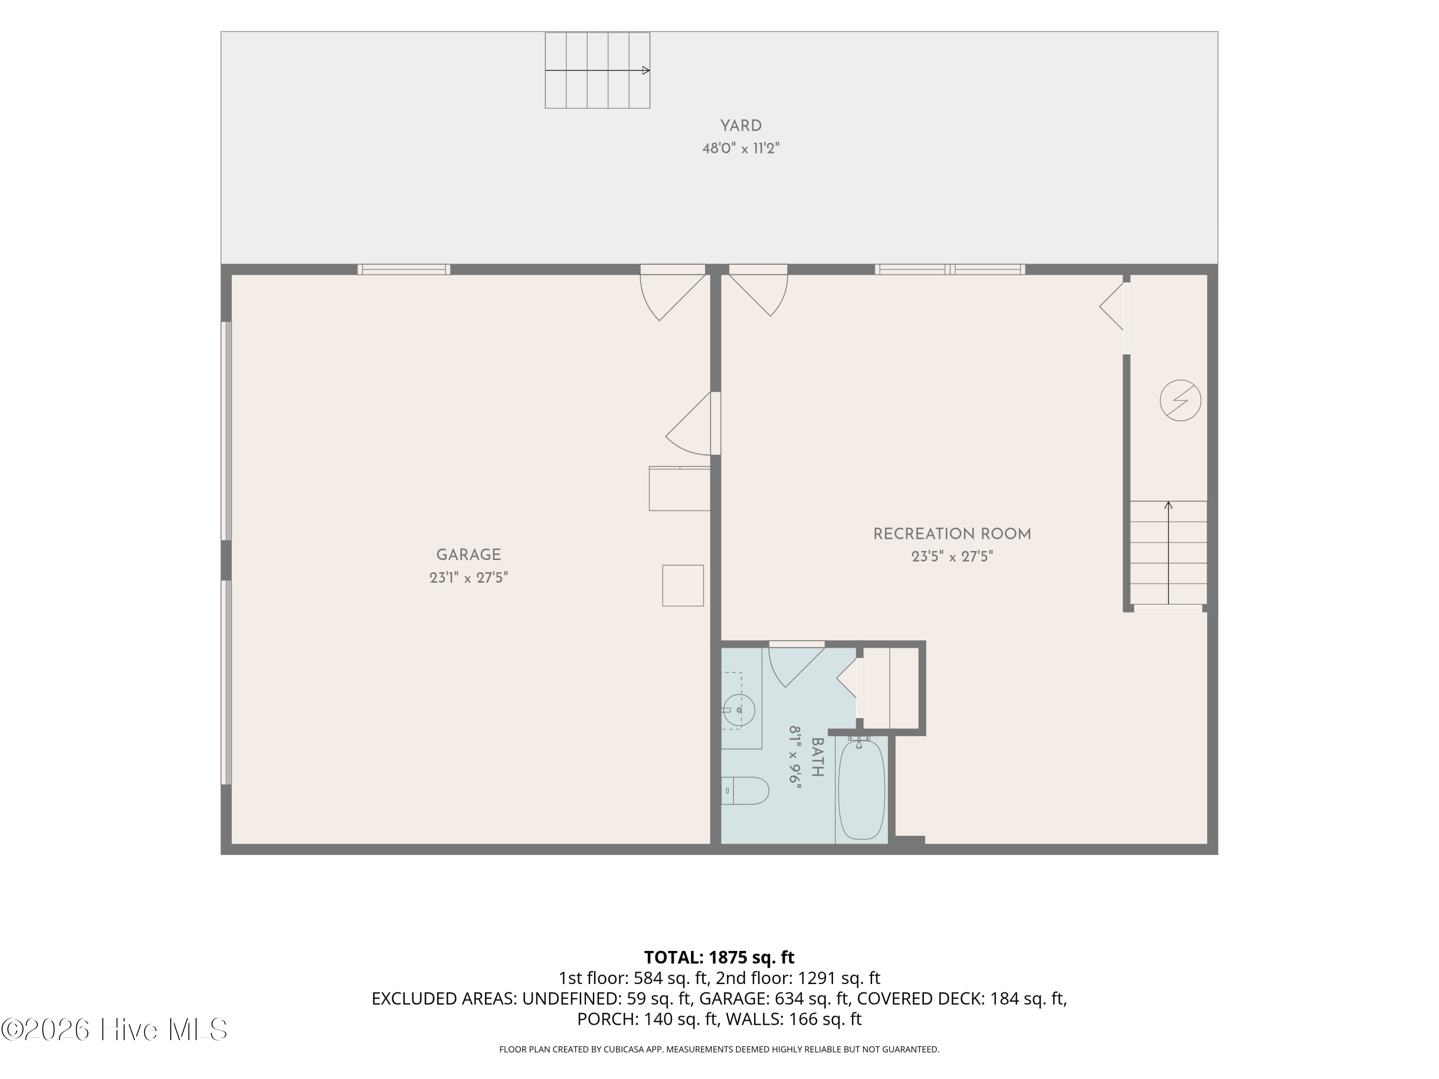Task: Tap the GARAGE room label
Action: click(x=468, y=555)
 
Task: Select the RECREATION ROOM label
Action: click(x=952, y=534)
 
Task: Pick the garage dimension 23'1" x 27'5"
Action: click(x=468, y=577)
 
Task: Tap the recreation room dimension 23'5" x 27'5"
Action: click(x=952, y=557)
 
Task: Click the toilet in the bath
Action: click(x=745, y=790)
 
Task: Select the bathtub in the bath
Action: click(x=861, y=789)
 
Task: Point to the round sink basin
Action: click(x=739, y=709)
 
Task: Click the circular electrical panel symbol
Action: click(x=1180, y=400)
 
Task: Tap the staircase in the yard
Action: click(x=597, y=70)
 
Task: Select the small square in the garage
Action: click(x=683, y=586)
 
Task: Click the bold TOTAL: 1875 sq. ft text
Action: click(x=719, y=957)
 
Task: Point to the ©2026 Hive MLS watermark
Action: click(x=115, y=1029)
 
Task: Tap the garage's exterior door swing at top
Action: click(x=672, y=293)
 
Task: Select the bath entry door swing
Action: click(x=797, y=665)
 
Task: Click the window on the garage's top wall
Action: click(x=403, y=269)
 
